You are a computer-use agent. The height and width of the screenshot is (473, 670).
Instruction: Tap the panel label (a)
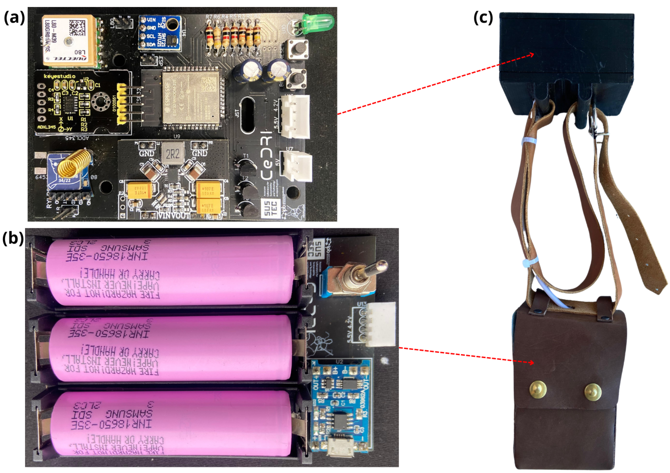(x=14, y=18)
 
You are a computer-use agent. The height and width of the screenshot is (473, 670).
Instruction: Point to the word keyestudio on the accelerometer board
(x=60, y=76)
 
